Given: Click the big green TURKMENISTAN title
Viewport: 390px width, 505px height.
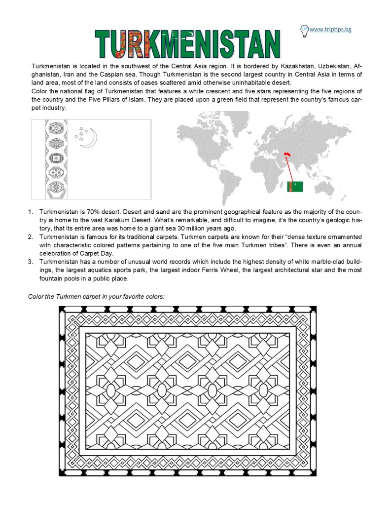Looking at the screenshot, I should point(188,43).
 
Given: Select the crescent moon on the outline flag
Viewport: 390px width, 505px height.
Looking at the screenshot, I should point(90,138).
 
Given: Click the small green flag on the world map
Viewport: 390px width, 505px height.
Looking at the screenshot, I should point(295,187).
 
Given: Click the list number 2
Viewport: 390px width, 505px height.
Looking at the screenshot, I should point(31,237).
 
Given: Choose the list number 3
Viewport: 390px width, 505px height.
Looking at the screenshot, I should point(31,261).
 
